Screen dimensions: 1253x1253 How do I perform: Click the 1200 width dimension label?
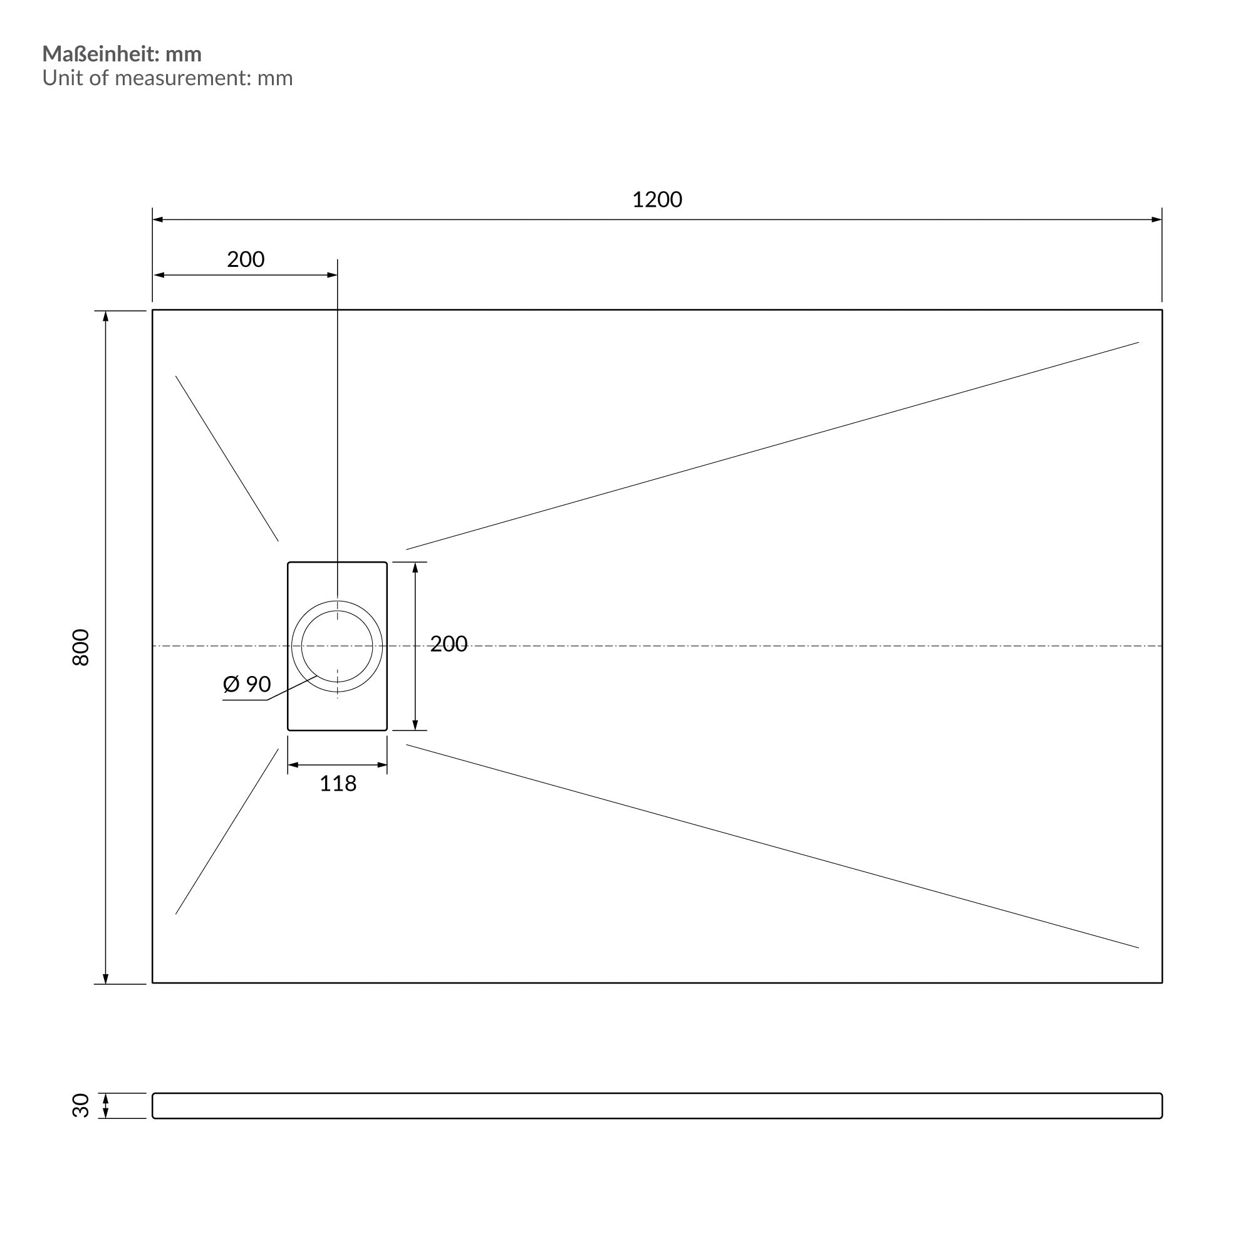coord(657,200)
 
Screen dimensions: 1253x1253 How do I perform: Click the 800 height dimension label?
coord(80,647)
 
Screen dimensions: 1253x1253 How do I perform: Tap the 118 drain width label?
coord(338,784)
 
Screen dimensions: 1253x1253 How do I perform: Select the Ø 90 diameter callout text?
coord(246,684)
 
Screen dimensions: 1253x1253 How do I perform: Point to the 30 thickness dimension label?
coord(80,1105)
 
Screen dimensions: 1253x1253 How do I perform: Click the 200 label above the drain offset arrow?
coord(246,259)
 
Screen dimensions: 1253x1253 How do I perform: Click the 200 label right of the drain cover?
coord(449,644)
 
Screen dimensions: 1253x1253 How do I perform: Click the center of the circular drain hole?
coord(337,646)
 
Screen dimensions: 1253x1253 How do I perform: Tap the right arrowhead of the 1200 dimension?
coord(1157,219)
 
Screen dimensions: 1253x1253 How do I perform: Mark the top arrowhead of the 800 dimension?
coord(106,316)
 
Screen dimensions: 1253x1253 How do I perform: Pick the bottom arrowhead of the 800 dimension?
coord(106,979)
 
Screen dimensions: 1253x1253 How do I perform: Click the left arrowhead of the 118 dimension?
coord(293,766)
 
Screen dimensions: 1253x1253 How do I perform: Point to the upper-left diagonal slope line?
coord(227,459)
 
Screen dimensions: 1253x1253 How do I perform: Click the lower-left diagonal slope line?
coord(227,831)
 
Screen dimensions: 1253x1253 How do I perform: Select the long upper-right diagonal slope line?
coord(772,446)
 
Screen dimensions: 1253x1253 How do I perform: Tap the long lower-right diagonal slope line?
coord(772,846)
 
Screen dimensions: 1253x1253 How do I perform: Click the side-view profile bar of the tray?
coord(657,1106)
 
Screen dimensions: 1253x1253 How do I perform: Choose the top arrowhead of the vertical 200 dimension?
coord(415,568)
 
